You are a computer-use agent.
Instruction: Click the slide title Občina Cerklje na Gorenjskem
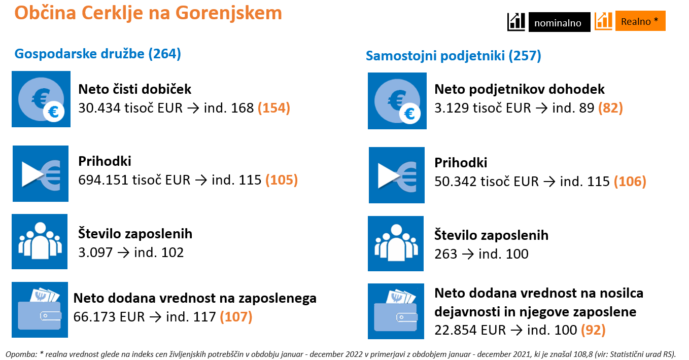tap(148, 13)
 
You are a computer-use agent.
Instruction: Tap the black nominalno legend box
tap(559, 22)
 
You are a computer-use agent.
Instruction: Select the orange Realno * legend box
tap(640, 21)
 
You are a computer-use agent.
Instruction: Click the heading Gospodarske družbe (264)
tap(98, 54)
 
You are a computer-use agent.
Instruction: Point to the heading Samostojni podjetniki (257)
tap(453, 56)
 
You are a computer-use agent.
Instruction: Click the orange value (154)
tap(274, 108)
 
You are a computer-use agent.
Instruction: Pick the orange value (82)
tap(610, 108)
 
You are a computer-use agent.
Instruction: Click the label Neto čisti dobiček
tap(135, 89)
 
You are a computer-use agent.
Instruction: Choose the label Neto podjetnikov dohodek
tap(520, 89)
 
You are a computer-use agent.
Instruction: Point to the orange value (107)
tap(236, 317)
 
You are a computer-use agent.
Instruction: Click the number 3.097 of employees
tap(95, 253)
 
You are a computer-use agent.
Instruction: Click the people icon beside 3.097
tap(40, 241)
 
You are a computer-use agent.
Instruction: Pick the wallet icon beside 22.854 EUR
tap(396, 311)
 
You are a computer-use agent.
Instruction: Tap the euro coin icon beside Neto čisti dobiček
tap(41, 99)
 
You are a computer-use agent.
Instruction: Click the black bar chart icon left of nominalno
tap(516, 22)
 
